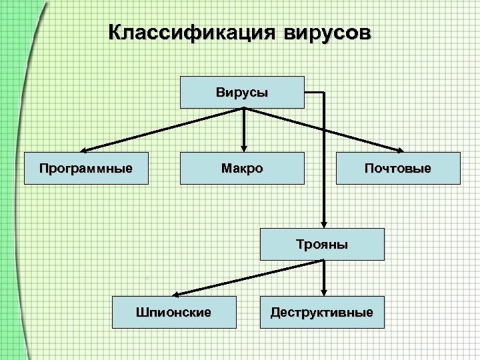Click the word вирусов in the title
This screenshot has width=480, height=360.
pyautogui.click(x=320, y=32)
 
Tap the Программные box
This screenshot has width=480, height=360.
pyautogui.click(x=85, y=167)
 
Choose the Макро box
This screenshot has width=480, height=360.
pyautogui.click(x=242, y=167)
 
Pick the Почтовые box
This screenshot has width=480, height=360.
pyautogui.click(x=397, y=167)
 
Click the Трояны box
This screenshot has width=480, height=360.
pyautogui.click(x=322, y=244)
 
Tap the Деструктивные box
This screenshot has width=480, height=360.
pyautogui.click(x=322, y=312)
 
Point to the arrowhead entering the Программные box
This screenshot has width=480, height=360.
pyautogui.click(x=85, y=149)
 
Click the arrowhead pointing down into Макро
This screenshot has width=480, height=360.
pyautogui.click(x=244, y=148)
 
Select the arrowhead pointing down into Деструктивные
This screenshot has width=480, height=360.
pyautogui.click(x=324, y=291)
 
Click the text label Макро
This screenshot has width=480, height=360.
pyautogui.click(x=242, y=167)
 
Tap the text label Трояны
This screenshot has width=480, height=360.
pyautogui.click(x=322, y=245)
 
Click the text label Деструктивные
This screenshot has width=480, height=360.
pyautogui.click(x=322, y=312)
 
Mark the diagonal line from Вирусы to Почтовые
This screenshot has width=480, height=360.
pyautogui.click(x=323, y=129)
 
